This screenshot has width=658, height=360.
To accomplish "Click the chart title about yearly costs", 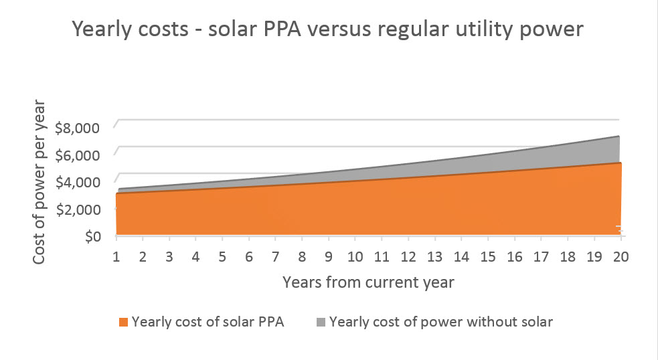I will (329, 30).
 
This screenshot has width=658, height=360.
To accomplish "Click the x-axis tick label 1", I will (116, 257).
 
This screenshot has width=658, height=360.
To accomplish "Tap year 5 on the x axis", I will (222, 257).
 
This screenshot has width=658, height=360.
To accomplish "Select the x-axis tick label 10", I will (355, 257).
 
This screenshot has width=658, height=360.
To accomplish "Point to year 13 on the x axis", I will (434, 257).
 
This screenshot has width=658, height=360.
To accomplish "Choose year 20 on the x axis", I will (620, 257).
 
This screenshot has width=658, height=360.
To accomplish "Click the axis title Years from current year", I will (368, 282).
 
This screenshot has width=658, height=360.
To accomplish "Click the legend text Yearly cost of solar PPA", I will (208, 322).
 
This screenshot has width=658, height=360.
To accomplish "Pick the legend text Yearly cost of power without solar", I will (441, 322).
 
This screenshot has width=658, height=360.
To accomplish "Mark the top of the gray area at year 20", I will (620, 137).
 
